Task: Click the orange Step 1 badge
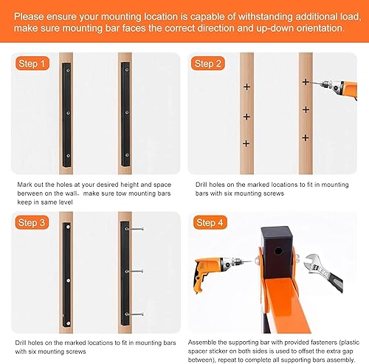click(x=32, y=63)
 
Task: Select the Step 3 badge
click(x=32, y=222)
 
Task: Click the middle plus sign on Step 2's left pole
click(x=246, y=117)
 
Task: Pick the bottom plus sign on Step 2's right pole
click(x=305, y=137)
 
